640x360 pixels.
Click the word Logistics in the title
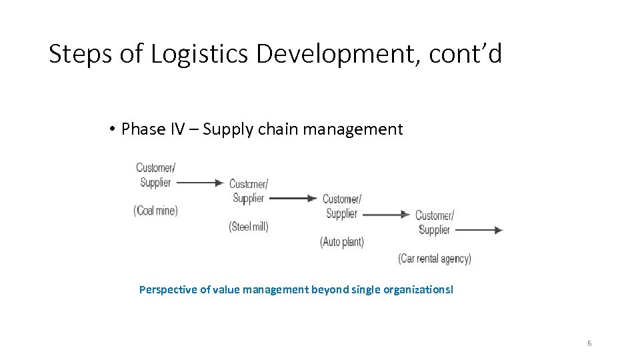[x=200, y=55]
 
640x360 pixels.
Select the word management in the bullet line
[x=353, y=129]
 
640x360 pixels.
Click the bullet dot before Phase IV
[x=114, y=129]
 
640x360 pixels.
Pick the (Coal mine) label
[x=156, y=211]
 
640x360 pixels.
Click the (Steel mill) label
[x=249, y=227]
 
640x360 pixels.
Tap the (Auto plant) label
[x=342, y=242]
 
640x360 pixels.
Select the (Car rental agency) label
[x=435, y=259]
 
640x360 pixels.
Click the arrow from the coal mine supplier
[x=200, y=182]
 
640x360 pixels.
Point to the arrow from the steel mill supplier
[x=293, y=198]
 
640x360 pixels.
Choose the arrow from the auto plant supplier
[x=386, y=215]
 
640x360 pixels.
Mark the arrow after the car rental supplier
[x=479, y=230]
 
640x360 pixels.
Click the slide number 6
[x=589, y=343]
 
